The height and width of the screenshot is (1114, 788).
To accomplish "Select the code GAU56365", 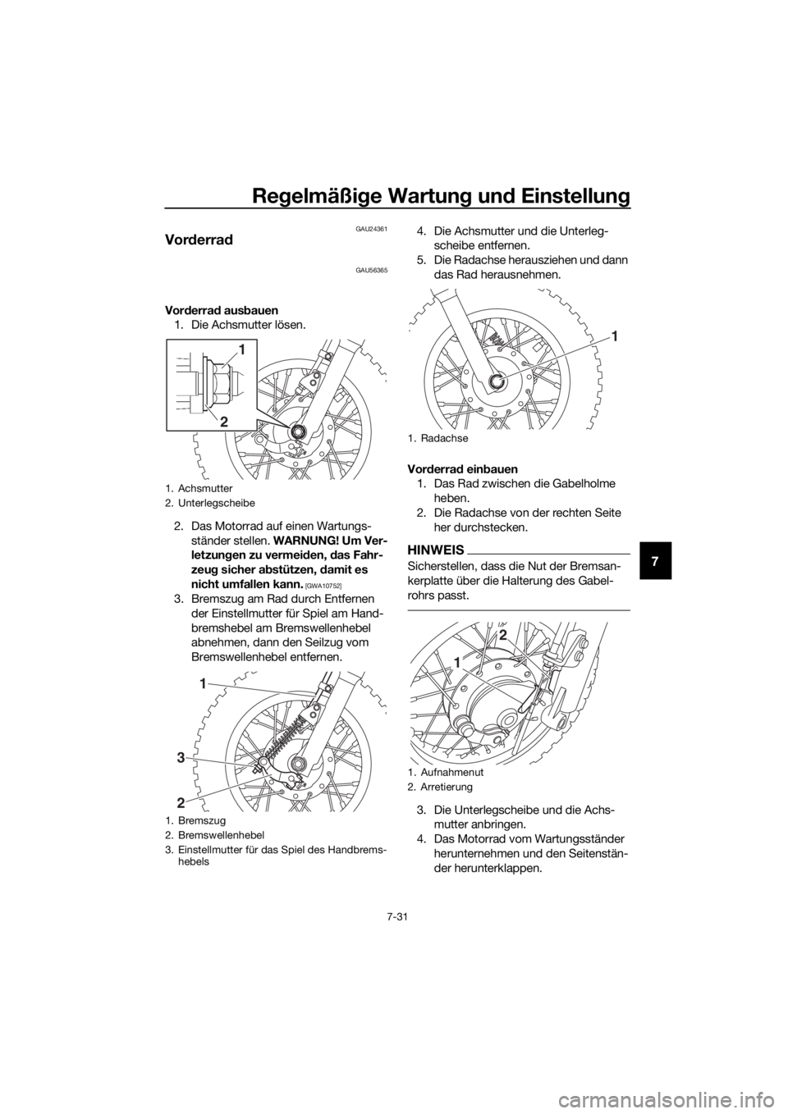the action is point(371,271).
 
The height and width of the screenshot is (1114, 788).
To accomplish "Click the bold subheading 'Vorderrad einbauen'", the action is point(462,469).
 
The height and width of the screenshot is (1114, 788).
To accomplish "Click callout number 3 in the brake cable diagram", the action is point(180,758).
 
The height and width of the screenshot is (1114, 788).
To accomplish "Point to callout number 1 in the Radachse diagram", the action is point(616,336).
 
